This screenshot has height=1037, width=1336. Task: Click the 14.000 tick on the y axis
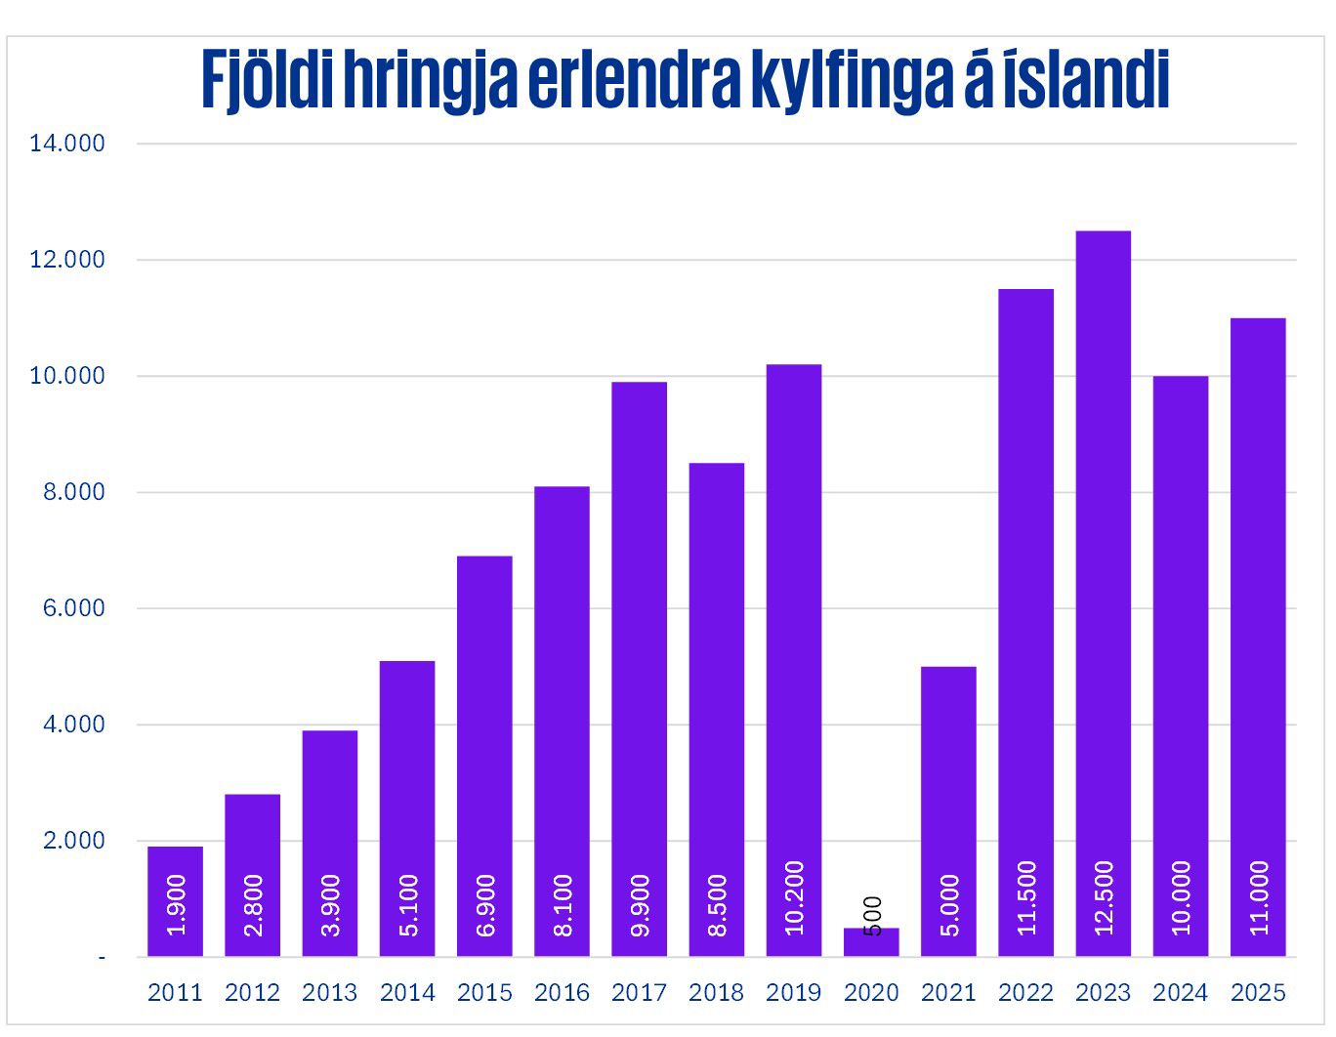(66, 144)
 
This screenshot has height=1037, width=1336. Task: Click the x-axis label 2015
(484, 993)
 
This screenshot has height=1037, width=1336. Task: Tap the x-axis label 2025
(1258, 993)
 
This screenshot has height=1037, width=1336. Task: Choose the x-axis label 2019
(794, 993)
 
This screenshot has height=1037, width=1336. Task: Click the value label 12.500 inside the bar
(1104, 897)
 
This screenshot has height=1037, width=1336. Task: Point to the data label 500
(872, 916)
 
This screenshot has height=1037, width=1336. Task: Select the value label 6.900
(485, 905)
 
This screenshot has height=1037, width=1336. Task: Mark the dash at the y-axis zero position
(102, 958)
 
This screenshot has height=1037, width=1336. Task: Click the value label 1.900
(176, 905)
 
